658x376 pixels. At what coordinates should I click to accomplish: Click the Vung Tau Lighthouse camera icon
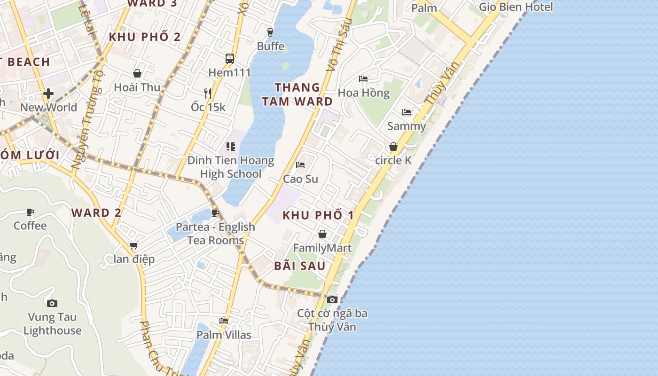[x=52, y=303]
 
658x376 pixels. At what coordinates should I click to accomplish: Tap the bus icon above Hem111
[x=230, y=59]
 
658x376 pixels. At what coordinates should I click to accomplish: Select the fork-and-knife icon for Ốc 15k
[x=208, y=93]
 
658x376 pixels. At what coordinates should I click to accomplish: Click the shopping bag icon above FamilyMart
[x=322, y=234]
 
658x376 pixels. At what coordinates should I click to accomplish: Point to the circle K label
[x=393, y=160]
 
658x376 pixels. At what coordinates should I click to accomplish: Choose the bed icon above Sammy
[x=407, y=112]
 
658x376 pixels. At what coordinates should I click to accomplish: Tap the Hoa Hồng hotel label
[x=364, y=93]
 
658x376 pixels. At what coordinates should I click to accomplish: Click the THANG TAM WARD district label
[x=297, y=94]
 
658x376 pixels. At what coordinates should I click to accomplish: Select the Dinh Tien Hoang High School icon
[x=230, y=147]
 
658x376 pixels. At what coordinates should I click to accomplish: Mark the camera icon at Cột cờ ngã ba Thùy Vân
[x=332, y=299]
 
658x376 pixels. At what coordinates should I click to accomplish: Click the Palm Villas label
[x=224, y=335]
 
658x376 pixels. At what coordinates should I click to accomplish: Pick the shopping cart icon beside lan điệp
[x=134, y=245]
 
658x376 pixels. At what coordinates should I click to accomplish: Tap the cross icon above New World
[x=48, y=94]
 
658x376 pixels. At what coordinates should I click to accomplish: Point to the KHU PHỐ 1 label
[x=318, y=215]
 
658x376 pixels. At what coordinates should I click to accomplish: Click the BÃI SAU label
[x=300, y=266]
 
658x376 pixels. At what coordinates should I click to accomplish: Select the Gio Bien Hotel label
[x=516, y=7]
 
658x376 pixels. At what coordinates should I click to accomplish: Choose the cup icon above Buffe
[x=270, y=32]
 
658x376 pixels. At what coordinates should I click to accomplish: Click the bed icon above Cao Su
[x=300, y=164]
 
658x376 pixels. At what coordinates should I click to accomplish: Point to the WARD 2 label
[x=96, y=212]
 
